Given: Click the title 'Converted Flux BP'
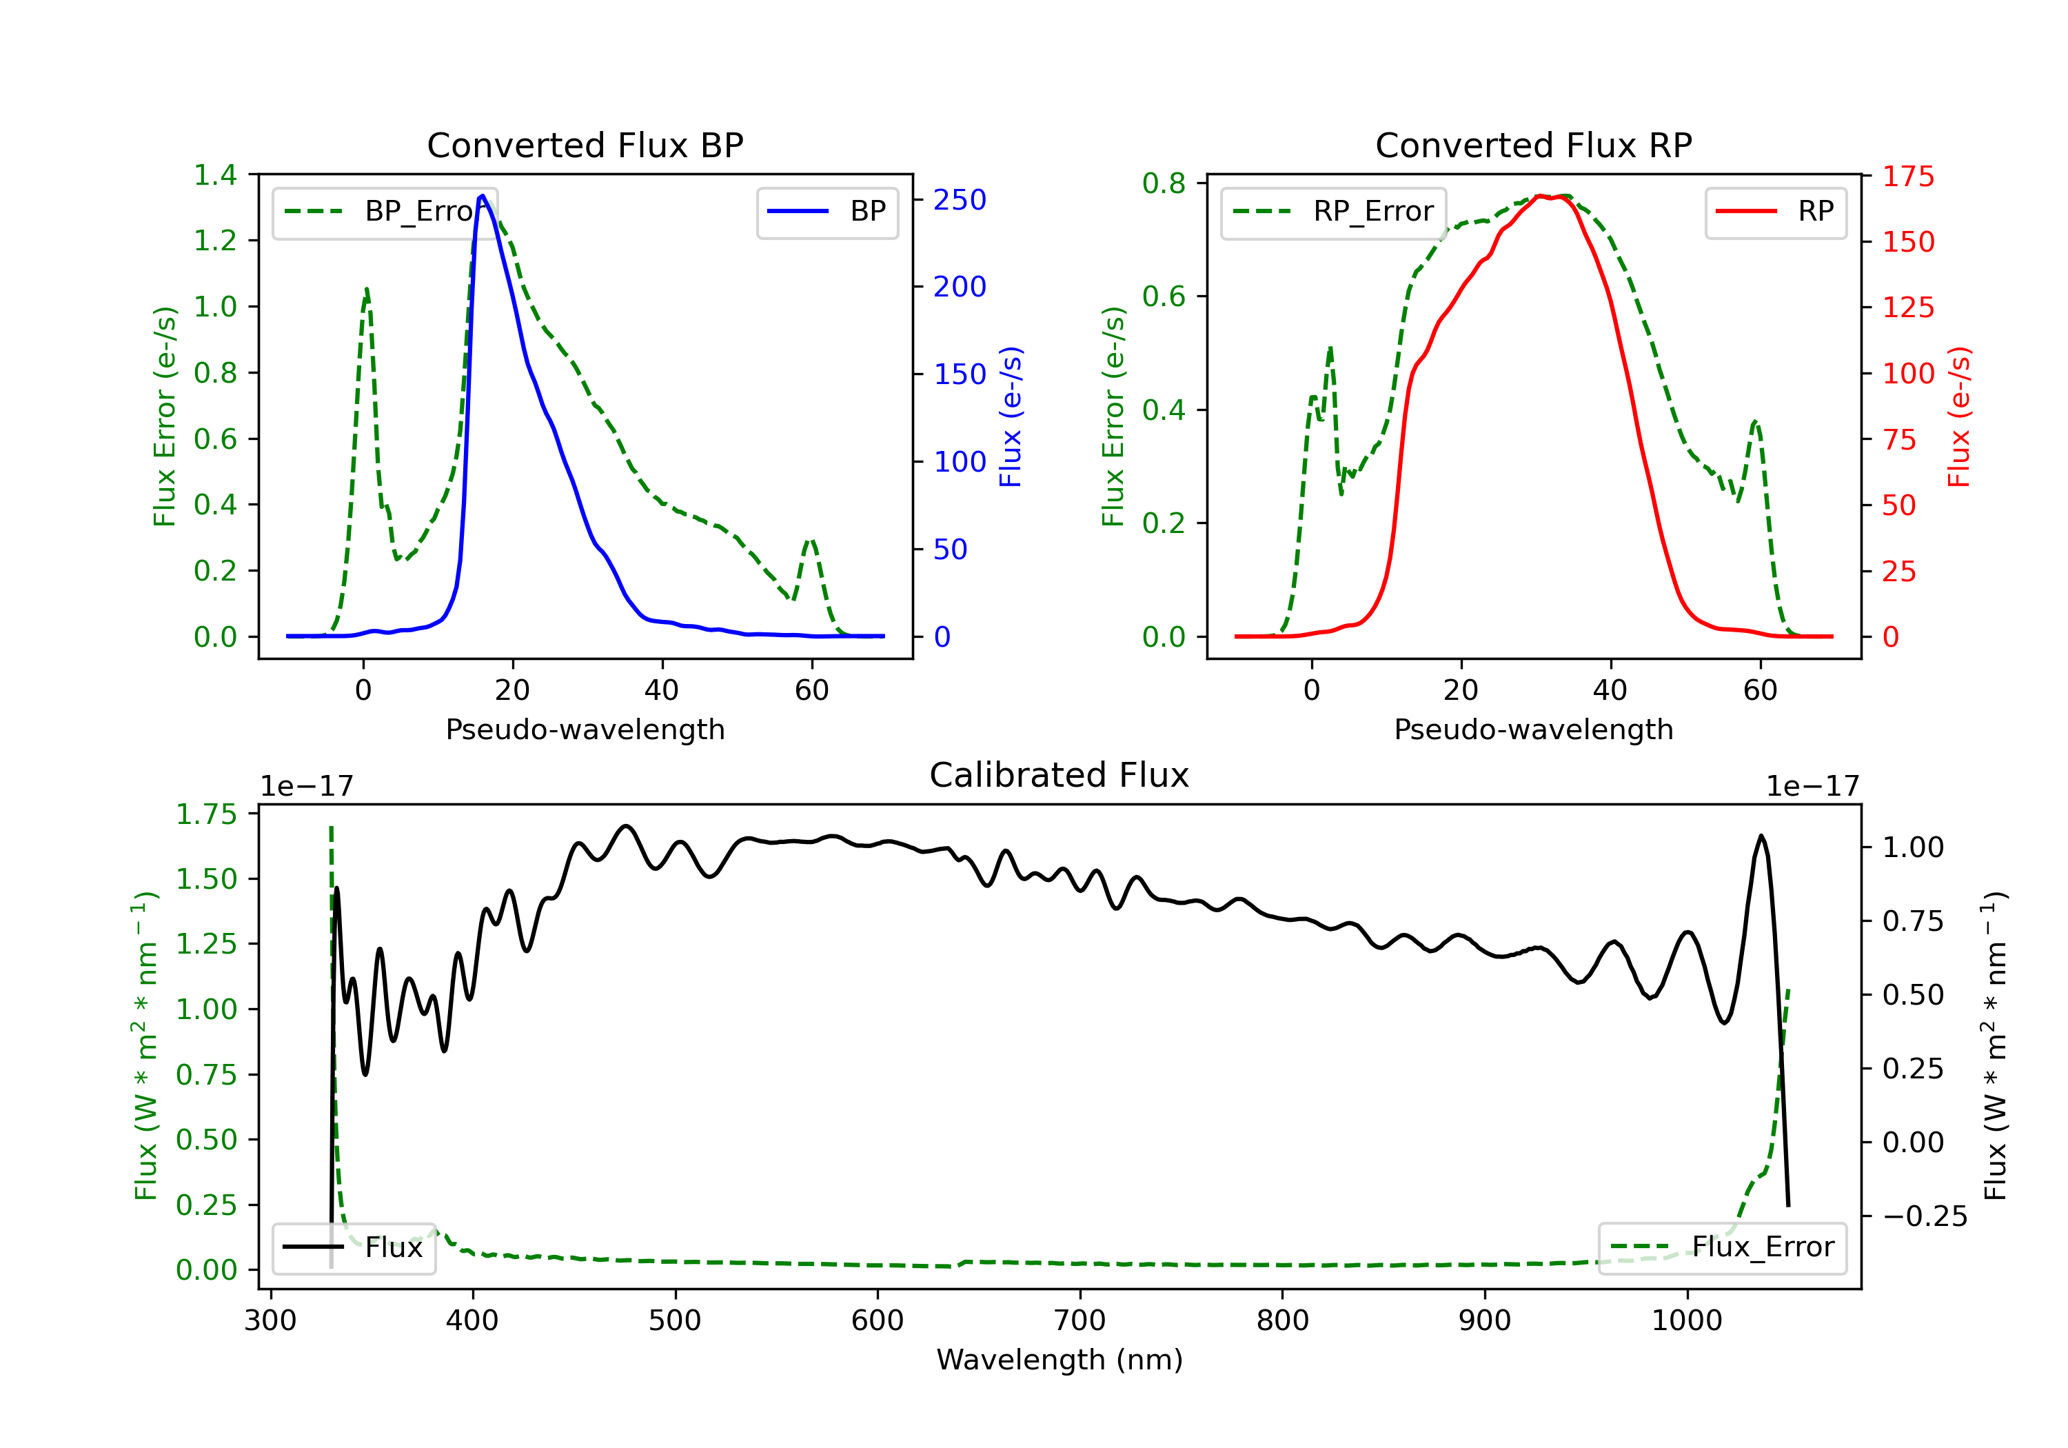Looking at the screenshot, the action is click(585, 145).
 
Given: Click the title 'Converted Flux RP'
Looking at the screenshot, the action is click(1533, 145).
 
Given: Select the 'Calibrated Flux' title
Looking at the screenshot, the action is click(1060, 775).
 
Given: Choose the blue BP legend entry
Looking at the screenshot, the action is click(827, 212).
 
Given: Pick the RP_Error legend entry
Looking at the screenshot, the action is click(1333, 212).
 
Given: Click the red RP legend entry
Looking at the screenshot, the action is click(1775, 212).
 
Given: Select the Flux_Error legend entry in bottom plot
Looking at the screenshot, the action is click(1722, 1247).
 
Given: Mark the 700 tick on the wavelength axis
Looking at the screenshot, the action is click(1080, 1321).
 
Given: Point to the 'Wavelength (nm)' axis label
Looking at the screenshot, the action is click(1060, 1360).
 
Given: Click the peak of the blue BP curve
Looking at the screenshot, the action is click(482, 196).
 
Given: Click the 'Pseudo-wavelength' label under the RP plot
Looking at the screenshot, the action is click(1533, 729).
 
